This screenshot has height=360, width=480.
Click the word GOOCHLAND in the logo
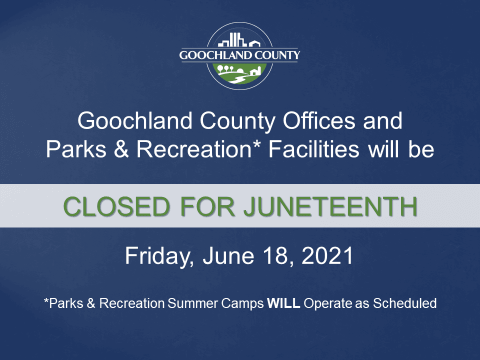coord(215,55)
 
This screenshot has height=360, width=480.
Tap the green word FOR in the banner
coord(204,206)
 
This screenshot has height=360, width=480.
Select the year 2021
coord(328,255)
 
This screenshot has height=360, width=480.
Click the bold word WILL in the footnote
coord(283,303)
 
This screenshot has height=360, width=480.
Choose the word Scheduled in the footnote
coord(405,303)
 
